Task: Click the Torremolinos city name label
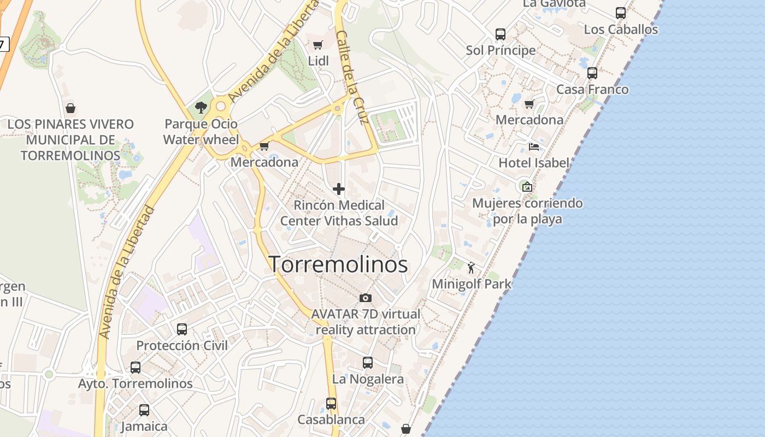click(338, 264)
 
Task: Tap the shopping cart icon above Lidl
click(318, 45)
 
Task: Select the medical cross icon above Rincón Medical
click(339, 189)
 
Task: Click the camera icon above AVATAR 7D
click(366, 298)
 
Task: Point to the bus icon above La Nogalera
click(368, 362)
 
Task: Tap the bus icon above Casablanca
click(331, 403)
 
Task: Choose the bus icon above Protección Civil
click(182, 329)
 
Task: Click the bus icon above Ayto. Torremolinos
click(136, 367)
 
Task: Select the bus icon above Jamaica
click(144, 410)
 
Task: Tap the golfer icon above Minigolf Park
click(472, 268)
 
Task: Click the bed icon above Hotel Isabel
click(534, 146)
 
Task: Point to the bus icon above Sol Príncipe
click(501, 34)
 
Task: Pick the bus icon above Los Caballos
click(621, 13)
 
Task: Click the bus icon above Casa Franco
click(592, 73)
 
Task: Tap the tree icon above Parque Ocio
click(201, 107)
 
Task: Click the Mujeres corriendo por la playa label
click(527, 211)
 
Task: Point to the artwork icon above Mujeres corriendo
click(527, 187)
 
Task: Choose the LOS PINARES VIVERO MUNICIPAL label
click(70, 140)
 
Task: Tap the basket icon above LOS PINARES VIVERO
click(70, 108)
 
